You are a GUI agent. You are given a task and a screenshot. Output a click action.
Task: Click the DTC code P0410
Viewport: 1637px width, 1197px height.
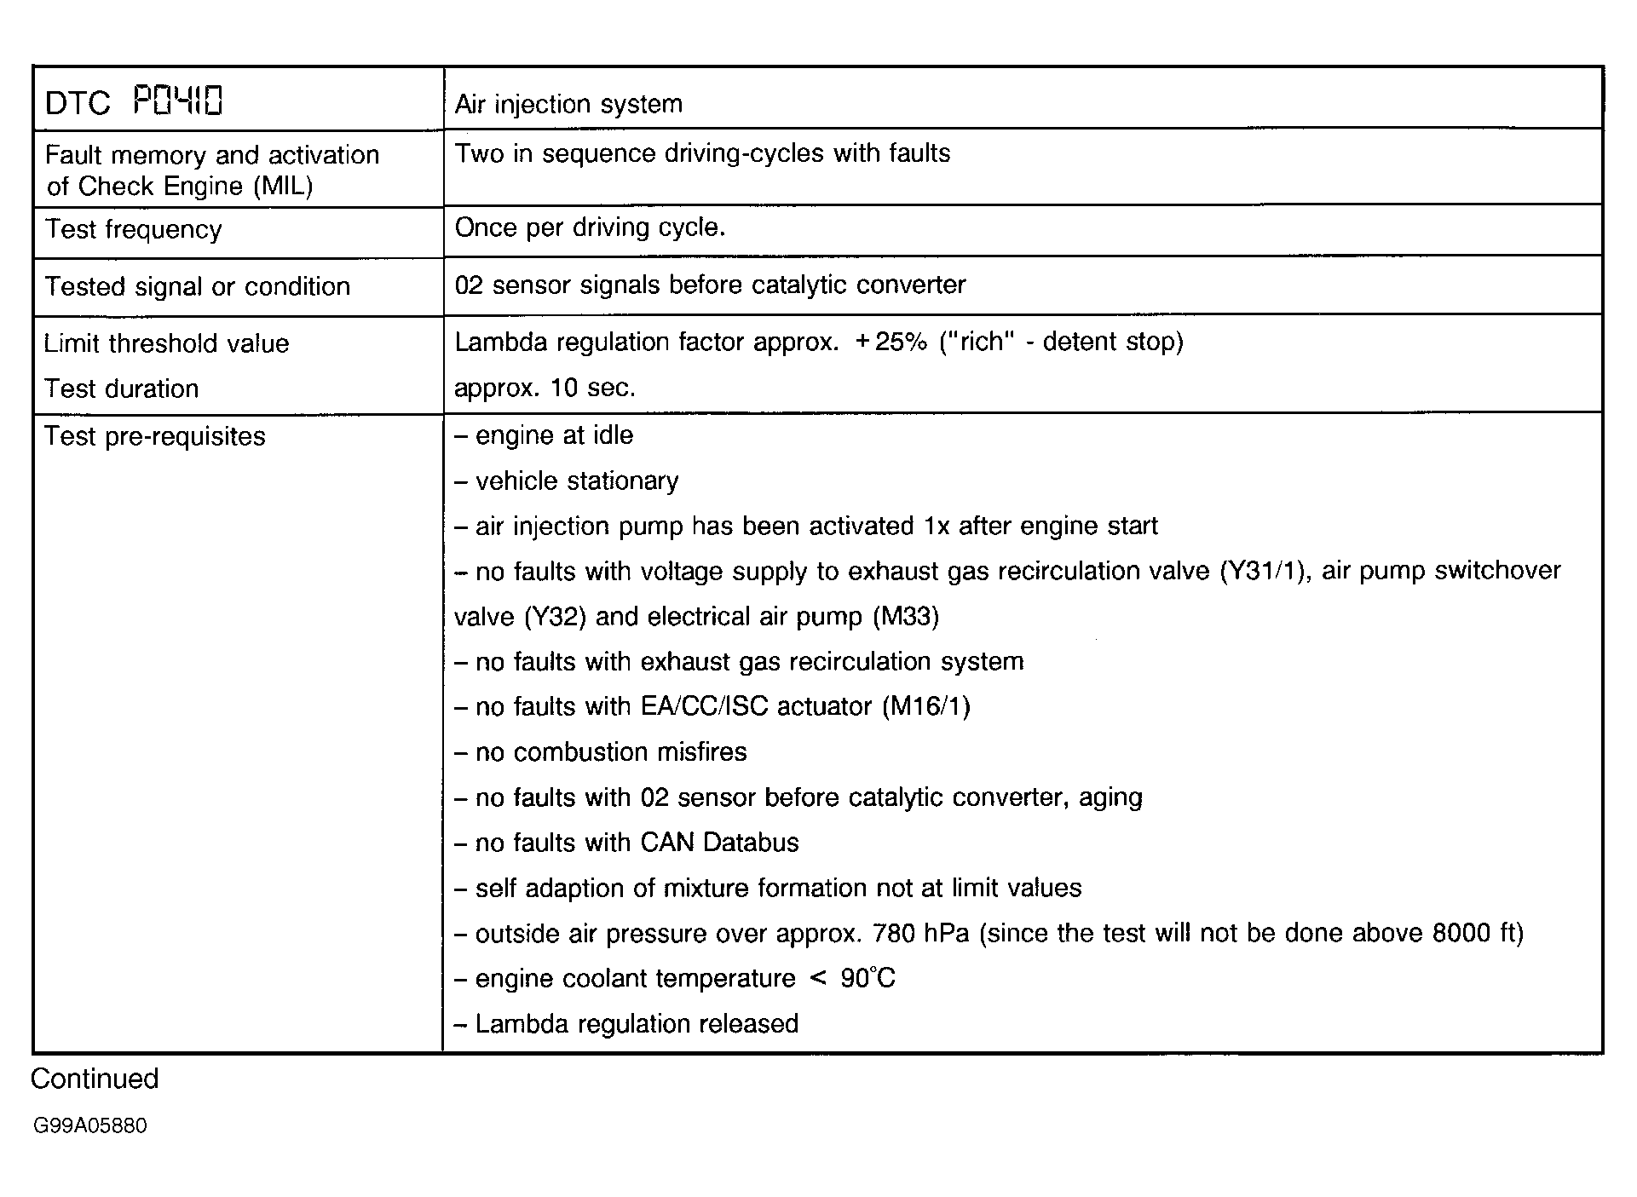coord(178,101)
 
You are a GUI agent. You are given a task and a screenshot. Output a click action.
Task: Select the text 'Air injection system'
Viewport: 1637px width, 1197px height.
coord(568,104)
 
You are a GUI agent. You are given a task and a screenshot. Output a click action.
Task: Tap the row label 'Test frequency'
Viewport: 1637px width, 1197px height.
coord(133,229)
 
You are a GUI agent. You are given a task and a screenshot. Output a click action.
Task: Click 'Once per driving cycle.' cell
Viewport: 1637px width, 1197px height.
coord(590,227)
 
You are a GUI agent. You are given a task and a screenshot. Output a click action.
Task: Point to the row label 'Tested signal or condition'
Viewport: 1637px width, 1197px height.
coord(197,286)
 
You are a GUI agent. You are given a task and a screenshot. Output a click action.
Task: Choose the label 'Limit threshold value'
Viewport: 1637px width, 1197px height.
coord(166,343)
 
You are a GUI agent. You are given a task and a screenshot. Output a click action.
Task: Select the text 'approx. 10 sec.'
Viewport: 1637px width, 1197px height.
coord(545,388)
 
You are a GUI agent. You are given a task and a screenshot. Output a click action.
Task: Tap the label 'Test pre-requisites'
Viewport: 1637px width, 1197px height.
coord(154,436)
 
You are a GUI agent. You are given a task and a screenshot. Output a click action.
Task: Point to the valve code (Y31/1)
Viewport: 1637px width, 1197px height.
coord(1264,571)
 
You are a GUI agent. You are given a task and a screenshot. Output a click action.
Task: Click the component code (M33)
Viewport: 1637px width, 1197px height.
coord(906,617)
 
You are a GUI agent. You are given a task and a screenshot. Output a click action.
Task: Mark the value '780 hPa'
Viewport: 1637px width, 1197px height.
coord(921,934)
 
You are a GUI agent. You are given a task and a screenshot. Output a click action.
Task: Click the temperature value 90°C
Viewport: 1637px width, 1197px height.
coord(867,979)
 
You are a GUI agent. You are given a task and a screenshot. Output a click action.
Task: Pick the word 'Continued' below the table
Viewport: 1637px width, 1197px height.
coord(95,1079)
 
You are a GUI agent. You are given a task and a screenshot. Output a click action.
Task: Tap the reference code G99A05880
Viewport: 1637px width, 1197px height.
coord(90,1126)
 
